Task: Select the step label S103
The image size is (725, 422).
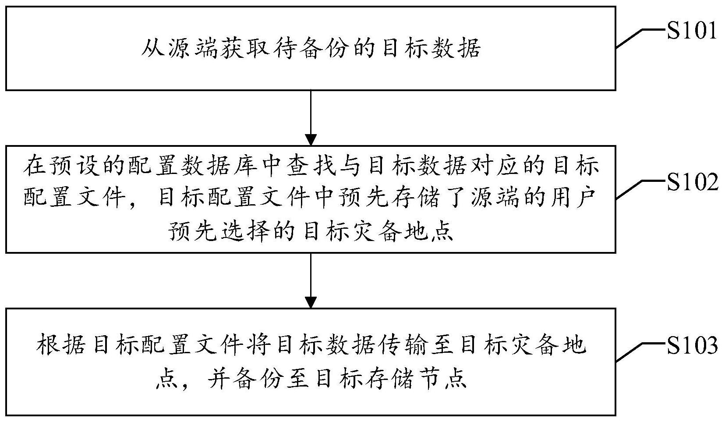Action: tap(692, 346)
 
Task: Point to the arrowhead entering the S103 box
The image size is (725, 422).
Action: tap(311, 302)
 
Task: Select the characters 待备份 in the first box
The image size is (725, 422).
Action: tap(311, 49)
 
